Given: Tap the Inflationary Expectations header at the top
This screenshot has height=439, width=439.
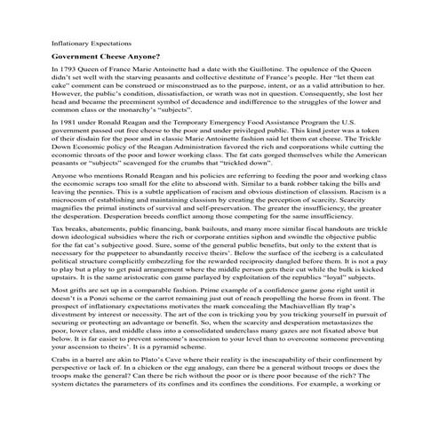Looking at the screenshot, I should pyautogui.click(x=88, y=41).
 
